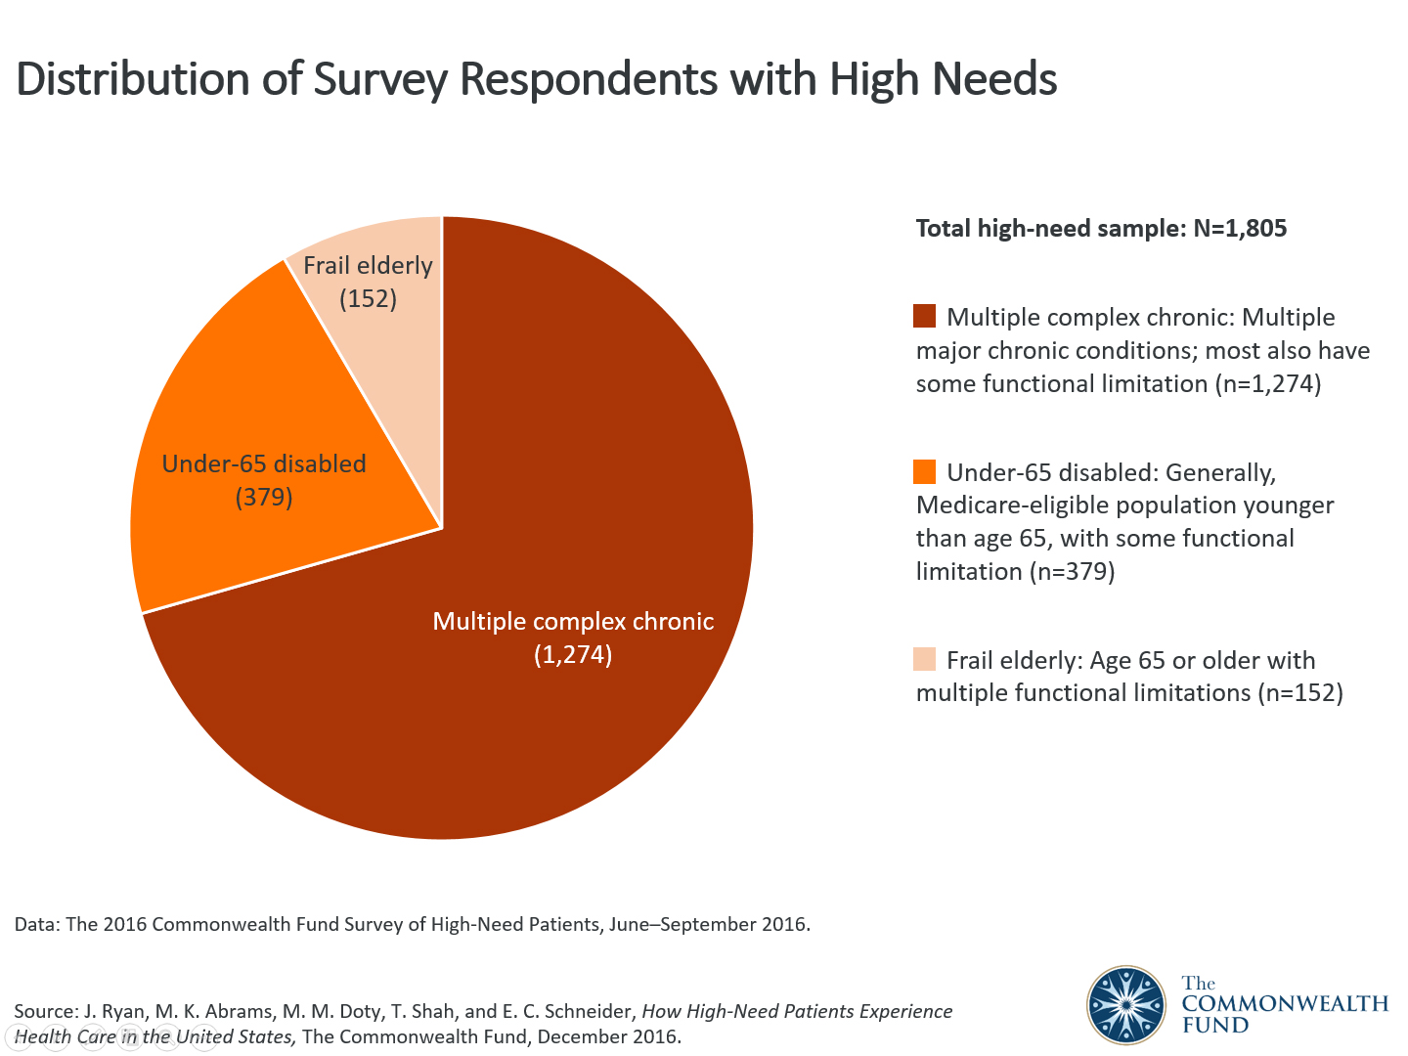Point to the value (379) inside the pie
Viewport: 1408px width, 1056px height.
coord(264,498)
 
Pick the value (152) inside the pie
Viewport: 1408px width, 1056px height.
coord(368,298)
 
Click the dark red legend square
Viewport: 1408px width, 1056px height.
coord(924,316)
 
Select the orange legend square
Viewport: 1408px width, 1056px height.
coord(924,471)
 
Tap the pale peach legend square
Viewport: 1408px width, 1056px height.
coord(924,659)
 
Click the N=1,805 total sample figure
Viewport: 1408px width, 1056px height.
coord(1240,229)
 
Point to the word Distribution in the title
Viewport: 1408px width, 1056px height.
coord(132,79)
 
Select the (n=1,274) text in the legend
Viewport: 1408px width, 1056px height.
coord(1267,384)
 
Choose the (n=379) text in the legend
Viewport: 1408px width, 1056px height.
coord(1072,572)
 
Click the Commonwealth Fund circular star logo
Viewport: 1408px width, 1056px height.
coord(1126,1005)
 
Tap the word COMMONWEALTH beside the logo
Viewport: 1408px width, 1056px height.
coord(1285,1004)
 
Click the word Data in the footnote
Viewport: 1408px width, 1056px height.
coord(35,925)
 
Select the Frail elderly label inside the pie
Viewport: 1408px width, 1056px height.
coord(368,266)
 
